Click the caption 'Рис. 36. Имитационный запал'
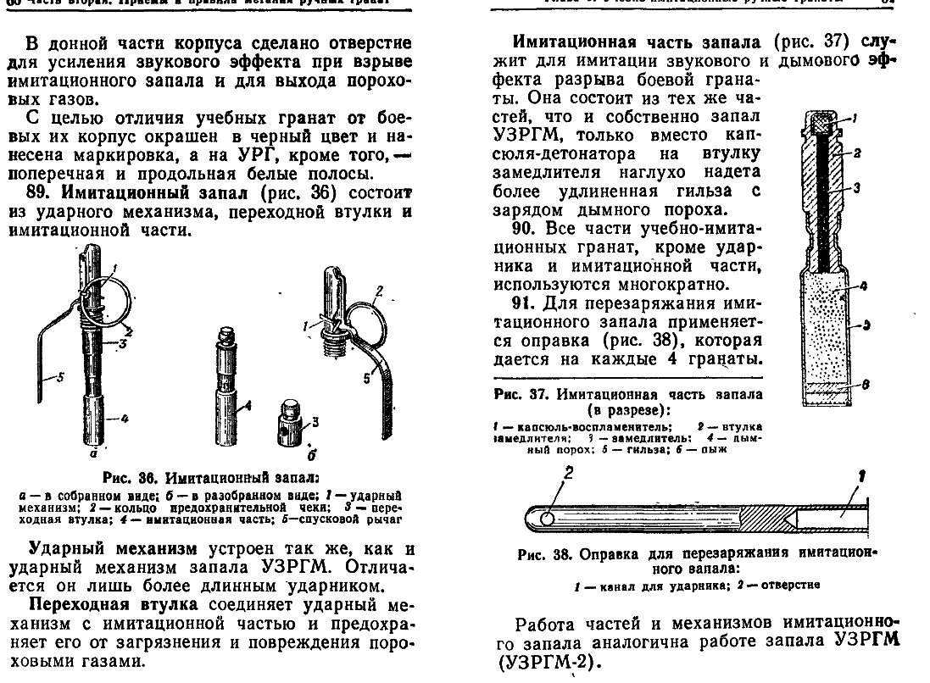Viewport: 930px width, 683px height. tap(211, 478)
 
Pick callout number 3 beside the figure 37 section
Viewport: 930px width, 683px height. tap(856, 188)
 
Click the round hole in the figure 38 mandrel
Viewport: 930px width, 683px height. tap(548, 515)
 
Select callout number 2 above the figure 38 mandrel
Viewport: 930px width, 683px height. tap(569, 475)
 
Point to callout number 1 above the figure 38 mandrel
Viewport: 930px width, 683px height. tap(860, 476)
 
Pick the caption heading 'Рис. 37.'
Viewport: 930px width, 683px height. tap(520, 394)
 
